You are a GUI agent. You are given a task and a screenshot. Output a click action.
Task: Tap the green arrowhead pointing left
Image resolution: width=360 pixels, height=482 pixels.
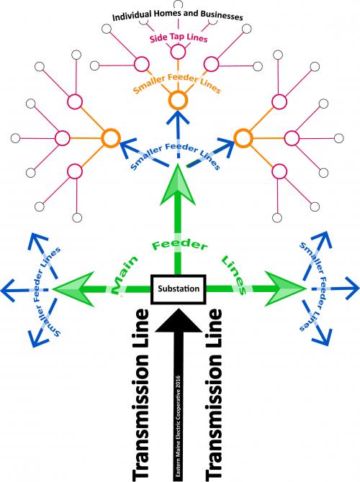pos(73,289)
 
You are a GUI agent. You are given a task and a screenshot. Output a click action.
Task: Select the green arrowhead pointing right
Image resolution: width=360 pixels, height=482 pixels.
pos(285,288)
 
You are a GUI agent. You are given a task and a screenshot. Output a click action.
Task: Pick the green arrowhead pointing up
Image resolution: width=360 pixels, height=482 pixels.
pos(178,185)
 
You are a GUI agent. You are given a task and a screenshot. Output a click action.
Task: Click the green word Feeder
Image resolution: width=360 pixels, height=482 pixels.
pos(180,245)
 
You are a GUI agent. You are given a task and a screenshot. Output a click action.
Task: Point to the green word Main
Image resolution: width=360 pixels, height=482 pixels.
pos(124,274)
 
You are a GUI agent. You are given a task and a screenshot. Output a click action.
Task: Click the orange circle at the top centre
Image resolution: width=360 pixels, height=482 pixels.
pos(178,99)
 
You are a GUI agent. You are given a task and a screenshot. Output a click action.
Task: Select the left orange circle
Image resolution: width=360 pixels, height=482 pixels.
pos(110,138)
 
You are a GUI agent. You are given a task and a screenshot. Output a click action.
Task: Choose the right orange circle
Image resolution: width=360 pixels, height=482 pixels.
pos(243,138)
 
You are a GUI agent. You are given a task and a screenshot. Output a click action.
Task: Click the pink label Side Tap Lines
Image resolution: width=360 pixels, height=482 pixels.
pos(179,38)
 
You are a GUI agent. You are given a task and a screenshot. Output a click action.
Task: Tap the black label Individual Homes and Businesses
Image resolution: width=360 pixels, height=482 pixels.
pos(178,15)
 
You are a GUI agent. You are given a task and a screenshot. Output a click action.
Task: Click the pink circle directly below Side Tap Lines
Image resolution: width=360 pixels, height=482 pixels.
pos(178,52)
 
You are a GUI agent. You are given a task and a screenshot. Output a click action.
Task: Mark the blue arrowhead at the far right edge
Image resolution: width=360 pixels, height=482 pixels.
pos(351,288)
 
